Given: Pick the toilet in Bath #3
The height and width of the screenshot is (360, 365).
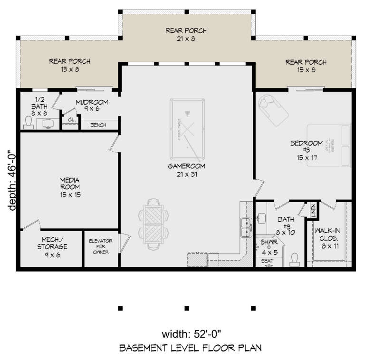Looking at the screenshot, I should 294,258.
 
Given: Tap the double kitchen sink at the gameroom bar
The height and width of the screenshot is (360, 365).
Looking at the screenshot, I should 246,227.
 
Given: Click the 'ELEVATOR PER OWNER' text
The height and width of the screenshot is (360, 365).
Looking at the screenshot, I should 100,246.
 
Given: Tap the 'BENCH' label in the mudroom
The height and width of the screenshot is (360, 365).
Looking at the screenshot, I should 97,125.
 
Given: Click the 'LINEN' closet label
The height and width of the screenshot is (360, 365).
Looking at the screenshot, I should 313,210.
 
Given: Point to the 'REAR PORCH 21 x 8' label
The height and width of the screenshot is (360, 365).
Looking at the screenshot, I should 186,35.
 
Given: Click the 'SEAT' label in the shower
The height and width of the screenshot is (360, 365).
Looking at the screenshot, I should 267,261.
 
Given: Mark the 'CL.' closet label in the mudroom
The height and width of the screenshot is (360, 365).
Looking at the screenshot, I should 71,120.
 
